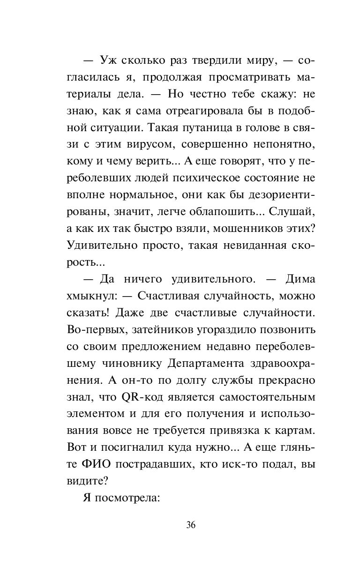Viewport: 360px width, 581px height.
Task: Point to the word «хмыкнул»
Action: (90, 297)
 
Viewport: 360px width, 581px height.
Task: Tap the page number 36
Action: (190, 524)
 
